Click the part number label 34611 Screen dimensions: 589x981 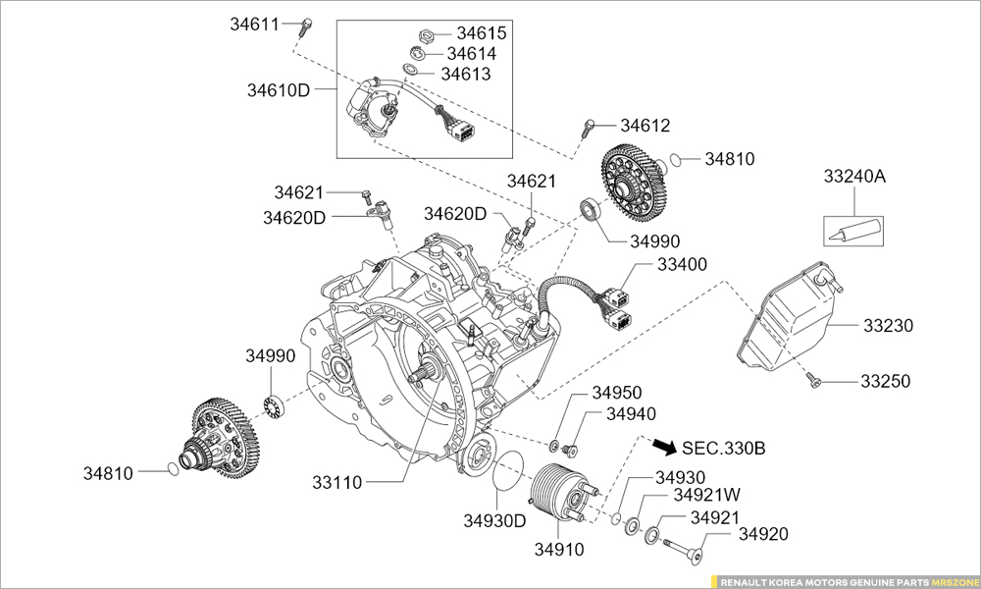pos(255,25)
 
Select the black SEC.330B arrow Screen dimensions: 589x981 pos(664,447)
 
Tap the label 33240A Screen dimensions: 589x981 pos(853,177)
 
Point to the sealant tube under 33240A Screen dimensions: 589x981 pos(852,233)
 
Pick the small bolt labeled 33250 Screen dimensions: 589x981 pos(813,380)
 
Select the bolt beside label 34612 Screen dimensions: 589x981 pos(589,125)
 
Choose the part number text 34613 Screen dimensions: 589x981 pos(465,74)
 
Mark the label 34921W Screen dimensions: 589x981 pos(700,496)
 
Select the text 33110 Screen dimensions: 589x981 pos(337,482)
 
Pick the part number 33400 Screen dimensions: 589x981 pos(682,265)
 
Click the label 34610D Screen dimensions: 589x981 pos(279,90)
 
